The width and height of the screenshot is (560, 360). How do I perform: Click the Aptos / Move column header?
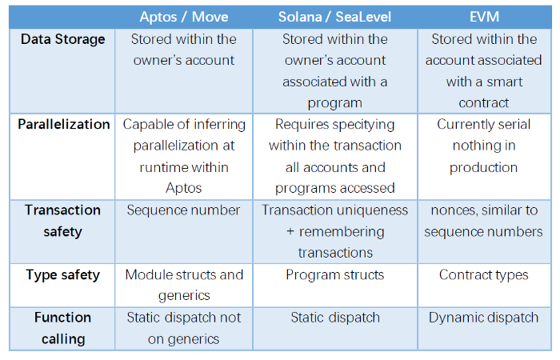[x=184, y=16]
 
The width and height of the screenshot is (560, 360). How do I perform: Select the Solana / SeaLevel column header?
[x=334, y=16]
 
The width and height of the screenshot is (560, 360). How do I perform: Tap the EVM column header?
[x=483, y=16]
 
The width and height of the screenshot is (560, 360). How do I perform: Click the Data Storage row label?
[x=62, y=39]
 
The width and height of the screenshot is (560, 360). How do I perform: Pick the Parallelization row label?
[x=63, y=125]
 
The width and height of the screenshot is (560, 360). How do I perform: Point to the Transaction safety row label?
[x=63, y=221]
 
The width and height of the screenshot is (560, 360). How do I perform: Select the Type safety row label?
[x=63, y=275]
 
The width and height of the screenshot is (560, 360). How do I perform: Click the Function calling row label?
[x=63, y=328]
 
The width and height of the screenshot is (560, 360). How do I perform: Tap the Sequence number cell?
[x=184, y=210]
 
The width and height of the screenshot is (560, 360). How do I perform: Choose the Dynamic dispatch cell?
[x=483, y=318]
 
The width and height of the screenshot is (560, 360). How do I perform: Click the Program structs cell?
[x=334, y=275]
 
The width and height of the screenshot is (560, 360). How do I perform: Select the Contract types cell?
[x=483, y=275]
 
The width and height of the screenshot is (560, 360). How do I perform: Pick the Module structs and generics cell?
[x=184, y=286]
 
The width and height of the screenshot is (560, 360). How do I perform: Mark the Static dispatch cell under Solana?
[x=334, y=318]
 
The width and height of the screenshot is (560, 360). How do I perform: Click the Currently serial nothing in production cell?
[x=483, y=146]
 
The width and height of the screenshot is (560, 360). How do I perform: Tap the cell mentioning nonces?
[x=483, y=221]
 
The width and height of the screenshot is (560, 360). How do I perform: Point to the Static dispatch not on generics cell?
[x=184, y=328]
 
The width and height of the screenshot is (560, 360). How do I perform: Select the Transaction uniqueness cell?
[x=334, y=231]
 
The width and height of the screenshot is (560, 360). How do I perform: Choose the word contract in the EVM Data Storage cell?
[x=483, y=102]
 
